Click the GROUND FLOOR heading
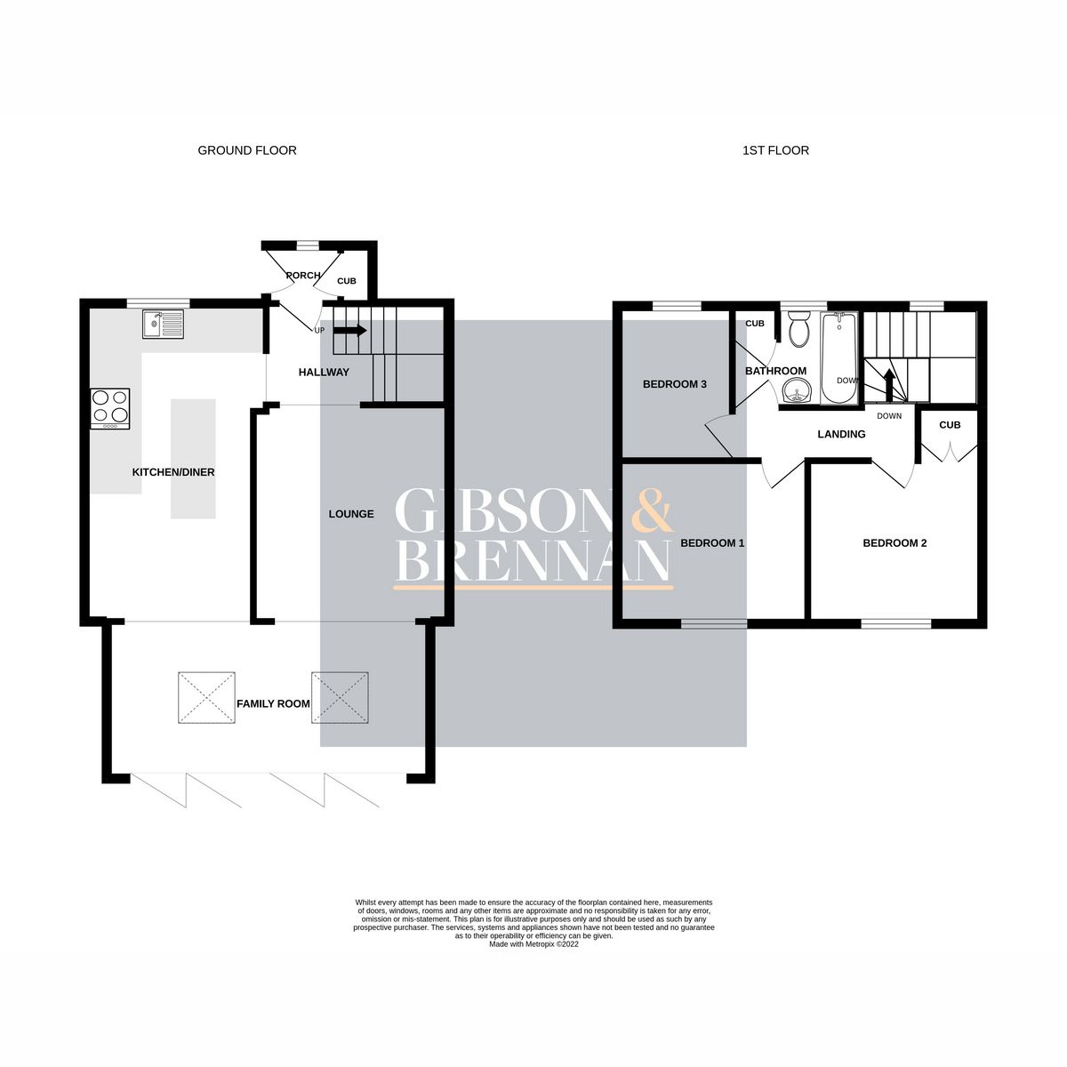click(x=247, y=150)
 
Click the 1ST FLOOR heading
click(x=775, y=150)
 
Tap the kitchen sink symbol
click(x=163, y=324)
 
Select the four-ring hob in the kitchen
click(x=110, y=408)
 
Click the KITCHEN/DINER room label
click(x=173, y=472)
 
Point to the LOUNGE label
click(x=350, y=514)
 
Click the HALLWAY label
click(x=324, y=372)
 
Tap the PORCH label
click(x=302, y=276)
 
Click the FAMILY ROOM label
click(x=273, y=703)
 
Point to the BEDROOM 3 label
click(x=674, y=384)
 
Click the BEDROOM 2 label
click(x=895, y=542)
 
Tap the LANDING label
click(x=841, y=434)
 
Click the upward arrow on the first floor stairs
click(x=887, y=384)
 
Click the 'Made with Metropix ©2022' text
click(x=533, y=944)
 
